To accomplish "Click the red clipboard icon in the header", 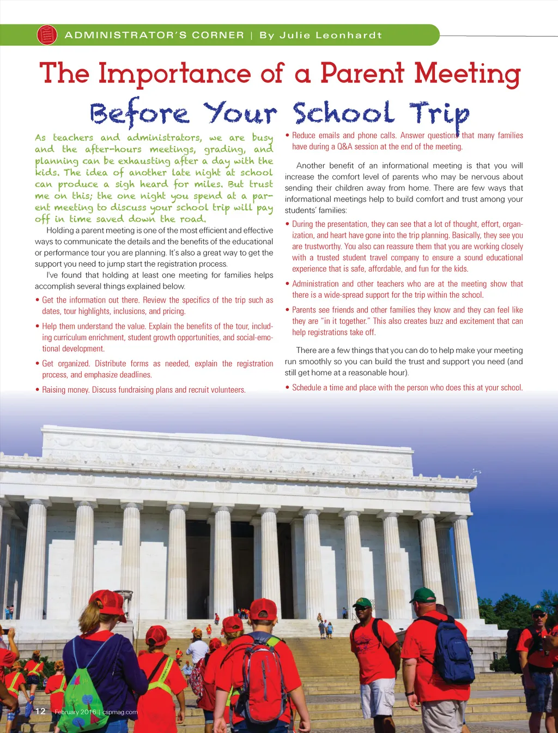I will click(x=47, y=35).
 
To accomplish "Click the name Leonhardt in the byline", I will click(x=349, y=35).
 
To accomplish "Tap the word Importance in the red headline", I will click(x=175, y=74).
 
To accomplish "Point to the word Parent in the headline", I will click(x=362, y=74).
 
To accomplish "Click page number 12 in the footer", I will click(x=40, y=711).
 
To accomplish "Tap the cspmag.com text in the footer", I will click(x=120, y=712).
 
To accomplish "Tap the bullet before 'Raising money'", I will click(x=38, y=390).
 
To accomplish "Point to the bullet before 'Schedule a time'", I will click(x=288, y=388).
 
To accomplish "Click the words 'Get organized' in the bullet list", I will click(x=65, y=364).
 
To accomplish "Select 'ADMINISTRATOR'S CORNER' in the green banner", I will click(x=154, y=35).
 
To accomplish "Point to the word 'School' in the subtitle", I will click(x=343, y=114).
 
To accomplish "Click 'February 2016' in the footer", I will click(x=75, y=712).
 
